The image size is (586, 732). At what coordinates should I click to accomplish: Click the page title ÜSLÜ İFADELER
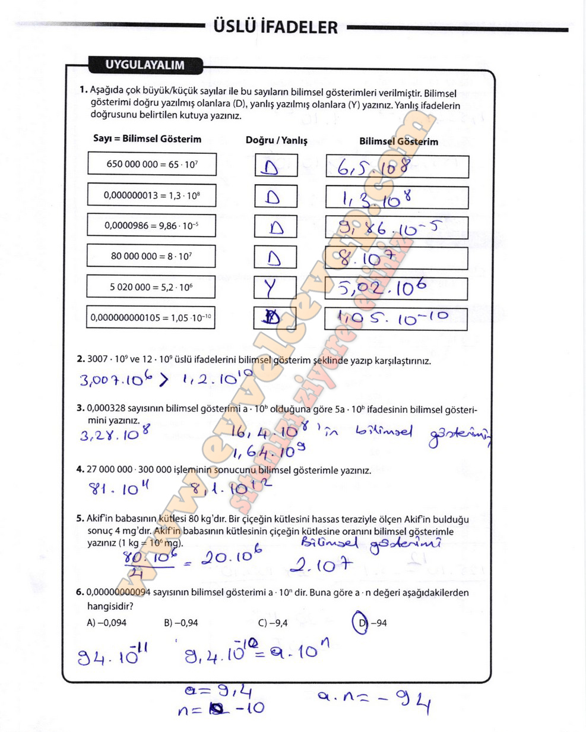pos(274,27)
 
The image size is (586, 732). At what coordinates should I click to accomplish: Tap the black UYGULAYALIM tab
pos(145,65)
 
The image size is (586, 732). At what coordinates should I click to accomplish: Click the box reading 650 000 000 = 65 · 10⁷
pos(151,164)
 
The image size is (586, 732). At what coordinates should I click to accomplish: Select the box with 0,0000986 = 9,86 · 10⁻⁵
pos(151,225)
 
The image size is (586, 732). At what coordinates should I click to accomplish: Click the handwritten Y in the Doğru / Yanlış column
pos(271,289)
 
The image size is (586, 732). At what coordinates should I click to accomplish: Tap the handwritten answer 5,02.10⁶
pos(383,289)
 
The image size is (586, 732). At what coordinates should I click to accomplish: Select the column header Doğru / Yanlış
pos(277,141)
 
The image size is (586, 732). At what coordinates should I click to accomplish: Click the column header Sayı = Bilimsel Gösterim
pos(147,139)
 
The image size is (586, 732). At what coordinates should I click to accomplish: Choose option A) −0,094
pos(107,623)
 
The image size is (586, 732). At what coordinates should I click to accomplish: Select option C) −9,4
pos(273,623)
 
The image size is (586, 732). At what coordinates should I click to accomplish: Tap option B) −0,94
pos(181,623)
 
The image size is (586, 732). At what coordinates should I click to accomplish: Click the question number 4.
pos(80,469)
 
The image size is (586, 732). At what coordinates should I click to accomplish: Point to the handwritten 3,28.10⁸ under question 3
pos(115,434)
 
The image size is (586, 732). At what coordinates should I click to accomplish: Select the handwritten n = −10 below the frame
pos(221,708)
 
